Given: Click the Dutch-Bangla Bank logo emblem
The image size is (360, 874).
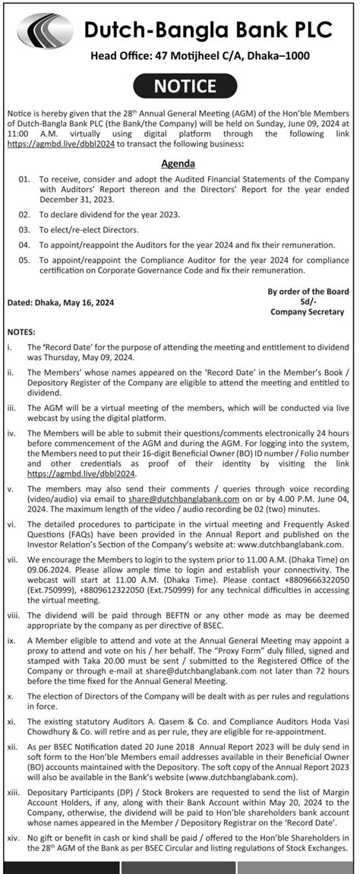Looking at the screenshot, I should [45, 31].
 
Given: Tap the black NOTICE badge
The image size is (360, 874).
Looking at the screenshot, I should [180, 87].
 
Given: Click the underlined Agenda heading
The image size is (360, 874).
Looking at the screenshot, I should [178, 163].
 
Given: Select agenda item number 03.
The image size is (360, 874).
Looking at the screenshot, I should [24, 229].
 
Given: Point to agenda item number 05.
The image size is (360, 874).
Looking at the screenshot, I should [24, 260].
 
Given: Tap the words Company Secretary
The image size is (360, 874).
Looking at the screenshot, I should [307, 311].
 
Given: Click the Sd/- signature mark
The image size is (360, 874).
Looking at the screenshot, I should [308, 301].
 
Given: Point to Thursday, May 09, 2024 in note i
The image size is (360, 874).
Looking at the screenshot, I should [84, 357].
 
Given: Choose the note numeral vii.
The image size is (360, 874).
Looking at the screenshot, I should [13, 557].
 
